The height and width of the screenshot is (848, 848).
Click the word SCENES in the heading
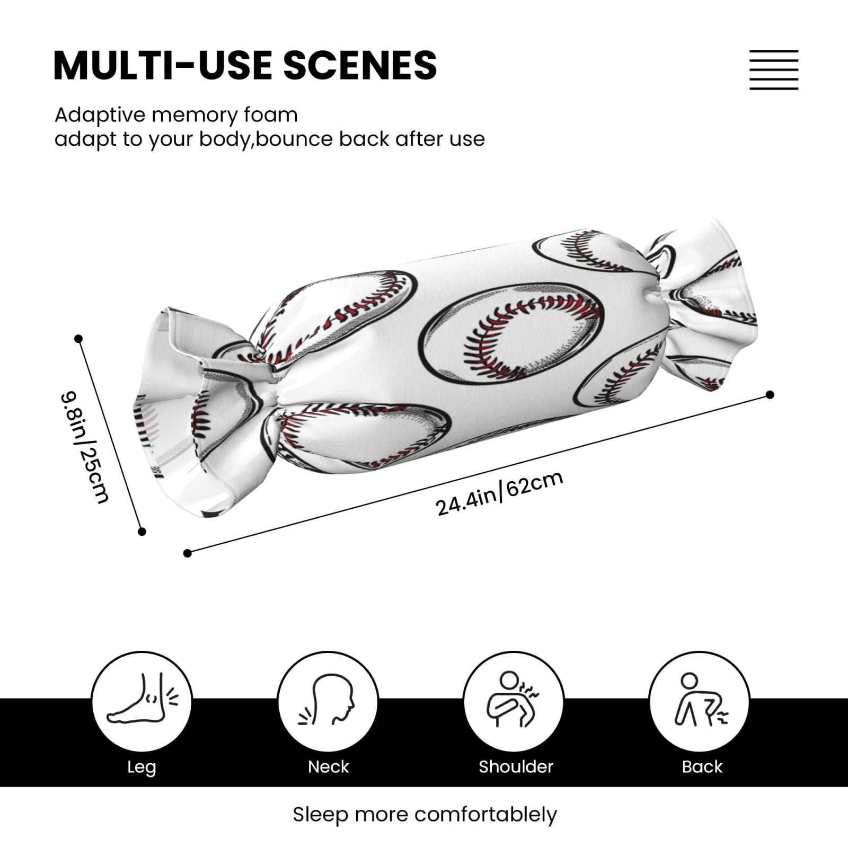pyautogui.click(x=360, y=65)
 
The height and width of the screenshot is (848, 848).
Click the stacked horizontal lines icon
pyautogui.click(x=774, y=70)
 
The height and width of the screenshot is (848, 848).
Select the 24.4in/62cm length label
pyautogui.click(x=499, y=493)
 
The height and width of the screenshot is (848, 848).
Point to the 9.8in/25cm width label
pyautogui.click(x=85, y=447)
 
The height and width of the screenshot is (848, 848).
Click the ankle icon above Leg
pyautogui.click(x=142, y=700)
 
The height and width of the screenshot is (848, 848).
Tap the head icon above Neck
pyautogui.click(x=327, y=700)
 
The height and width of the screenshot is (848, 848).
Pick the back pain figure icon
pyautogui.click(x=700, y=700)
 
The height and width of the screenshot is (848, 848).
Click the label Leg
pyautogui.click(x=142, y=767)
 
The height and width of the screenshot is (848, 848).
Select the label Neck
pyautogui.click(x=329, y=766)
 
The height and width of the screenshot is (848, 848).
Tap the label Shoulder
pyautogui.click(x=516, y=766)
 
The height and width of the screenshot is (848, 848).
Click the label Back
pyautogui.click(x=702, y=766)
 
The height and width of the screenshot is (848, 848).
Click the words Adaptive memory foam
pyautogui.click(x=176, y=115)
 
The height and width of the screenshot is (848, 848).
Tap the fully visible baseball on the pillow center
pyautogui.click(x=512, y=332)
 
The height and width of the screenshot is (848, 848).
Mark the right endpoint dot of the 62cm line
pyautogui.click(x=770, y=394)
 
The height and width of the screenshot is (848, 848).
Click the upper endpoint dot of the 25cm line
pyautogui.click(x=78, y=339)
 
